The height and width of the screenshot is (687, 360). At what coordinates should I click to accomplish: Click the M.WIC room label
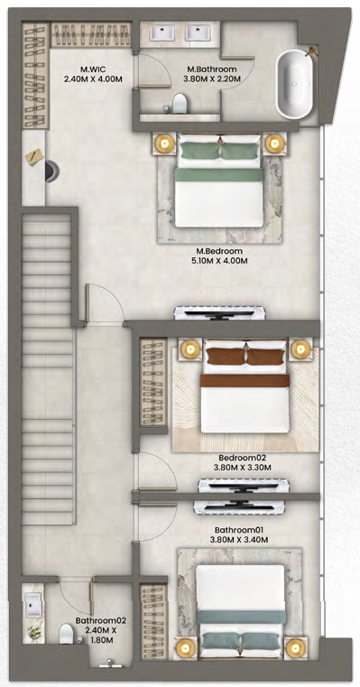click(92, 70)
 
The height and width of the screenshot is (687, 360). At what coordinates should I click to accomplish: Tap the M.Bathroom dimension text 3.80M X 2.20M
click(212, 79)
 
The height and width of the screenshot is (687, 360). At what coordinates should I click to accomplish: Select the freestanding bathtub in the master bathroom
click(294, 84)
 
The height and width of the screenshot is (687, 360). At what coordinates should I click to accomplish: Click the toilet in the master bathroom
click(180, 104)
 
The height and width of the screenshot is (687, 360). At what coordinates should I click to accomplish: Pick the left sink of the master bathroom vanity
click(162, 32)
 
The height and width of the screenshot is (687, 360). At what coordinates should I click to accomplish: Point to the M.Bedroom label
click(219, 252)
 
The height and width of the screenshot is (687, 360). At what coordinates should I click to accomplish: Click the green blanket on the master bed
click(219, 175)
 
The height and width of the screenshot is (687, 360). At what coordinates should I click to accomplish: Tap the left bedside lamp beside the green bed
click(165, 143)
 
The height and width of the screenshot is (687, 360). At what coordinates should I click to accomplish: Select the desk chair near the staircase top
click(52, 171)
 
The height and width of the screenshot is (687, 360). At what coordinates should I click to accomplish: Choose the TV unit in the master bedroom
click(220, 313)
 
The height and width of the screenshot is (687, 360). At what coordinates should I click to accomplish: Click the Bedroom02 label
click(242, 459)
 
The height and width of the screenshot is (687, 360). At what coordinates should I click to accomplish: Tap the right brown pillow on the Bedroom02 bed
click(264, 357)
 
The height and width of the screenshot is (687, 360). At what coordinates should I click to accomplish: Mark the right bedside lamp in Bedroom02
click(300, 349)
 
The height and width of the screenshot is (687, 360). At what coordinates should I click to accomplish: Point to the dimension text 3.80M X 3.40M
click(242, 540)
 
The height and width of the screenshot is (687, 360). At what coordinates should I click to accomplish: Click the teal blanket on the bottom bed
click(241, 617)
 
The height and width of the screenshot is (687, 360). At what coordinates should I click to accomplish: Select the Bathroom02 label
click(101, 620)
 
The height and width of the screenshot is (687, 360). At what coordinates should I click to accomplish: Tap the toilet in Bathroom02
click(67, 634)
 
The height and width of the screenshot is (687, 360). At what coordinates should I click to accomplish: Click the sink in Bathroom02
click(32, 605)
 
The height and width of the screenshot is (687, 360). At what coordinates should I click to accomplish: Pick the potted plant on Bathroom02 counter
click(32, 632)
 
